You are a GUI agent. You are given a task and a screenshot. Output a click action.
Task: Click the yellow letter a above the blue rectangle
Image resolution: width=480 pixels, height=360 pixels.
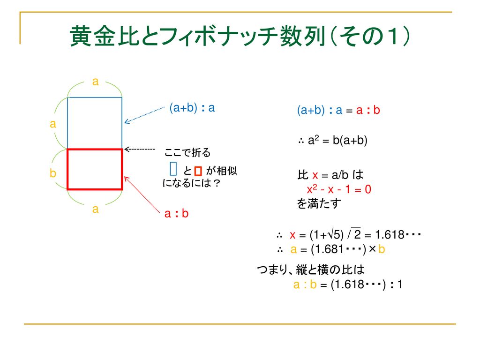[96, 82]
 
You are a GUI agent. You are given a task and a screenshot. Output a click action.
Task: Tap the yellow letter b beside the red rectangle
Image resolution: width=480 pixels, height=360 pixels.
[53, 173]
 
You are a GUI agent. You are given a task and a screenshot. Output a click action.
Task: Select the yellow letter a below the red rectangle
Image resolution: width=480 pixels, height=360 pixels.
[96, 209]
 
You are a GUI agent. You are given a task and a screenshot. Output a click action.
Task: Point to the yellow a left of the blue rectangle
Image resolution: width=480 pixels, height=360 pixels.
[53, 124]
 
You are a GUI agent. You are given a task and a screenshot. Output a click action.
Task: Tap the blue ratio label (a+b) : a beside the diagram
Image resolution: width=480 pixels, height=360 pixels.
[192, 108]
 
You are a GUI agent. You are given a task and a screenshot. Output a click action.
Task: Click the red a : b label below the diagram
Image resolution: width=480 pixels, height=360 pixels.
[176, 213]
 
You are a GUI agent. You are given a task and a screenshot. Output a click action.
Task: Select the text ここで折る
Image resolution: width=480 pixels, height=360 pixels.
[187, 152]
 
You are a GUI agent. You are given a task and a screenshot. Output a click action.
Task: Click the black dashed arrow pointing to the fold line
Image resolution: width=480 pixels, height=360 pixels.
[140, 150]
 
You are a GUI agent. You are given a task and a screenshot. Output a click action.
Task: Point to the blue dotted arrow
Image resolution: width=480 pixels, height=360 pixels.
[144, 115]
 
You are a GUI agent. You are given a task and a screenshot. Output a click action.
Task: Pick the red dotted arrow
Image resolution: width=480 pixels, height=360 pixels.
[142, 195]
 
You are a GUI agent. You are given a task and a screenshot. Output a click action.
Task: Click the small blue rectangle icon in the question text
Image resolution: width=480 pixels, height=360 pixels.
[173, 169]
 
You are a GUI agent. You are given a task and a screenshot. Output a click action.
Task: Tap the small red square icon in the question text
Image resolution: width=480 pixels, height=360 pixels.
[198, 171]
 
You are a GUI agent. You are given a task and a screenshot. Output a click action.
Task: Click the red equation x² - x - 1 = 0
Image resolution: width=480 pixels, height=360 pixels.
[339, 189]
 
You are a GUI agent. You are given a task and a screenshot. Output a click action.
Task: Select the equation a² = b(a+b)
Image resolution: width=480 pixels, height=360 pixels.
[337, 141]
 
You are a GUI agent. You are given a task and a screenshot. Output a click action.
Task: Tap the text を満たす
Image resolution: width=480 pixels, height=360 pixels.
[319, 203]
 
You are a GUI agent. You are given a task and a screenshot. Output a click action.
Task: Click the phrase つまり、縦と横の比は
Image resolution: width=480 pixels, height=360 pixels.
[311, 270]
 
